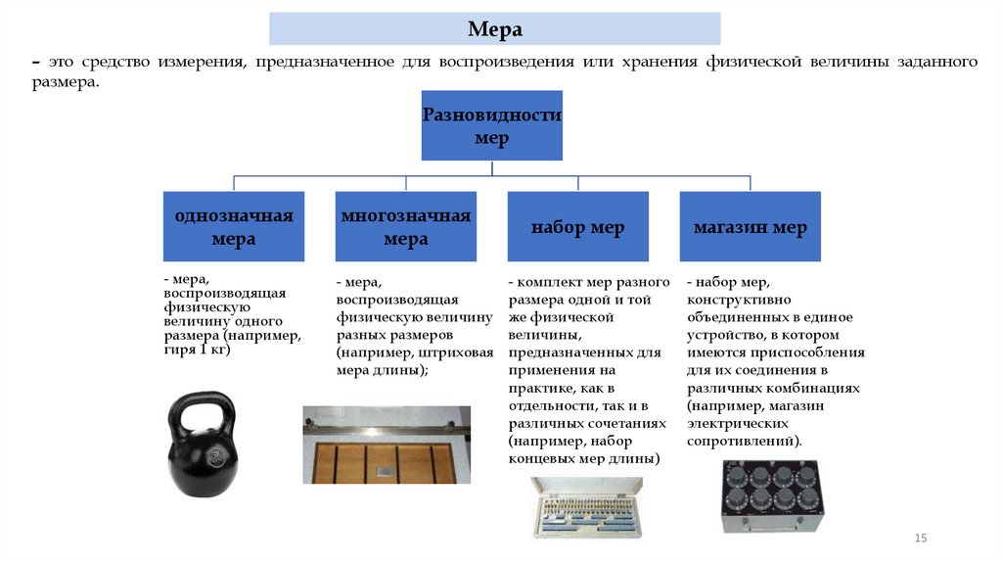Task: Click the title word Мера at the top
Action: [x=494, y=29]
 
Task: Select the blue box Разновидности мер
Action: [x=491, y=125]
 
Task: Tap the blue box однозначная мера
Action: [x=234, y=227]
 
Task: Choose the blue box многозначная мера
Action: [x=406, y=227]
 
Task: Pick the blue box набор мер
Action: [x=577, y=228]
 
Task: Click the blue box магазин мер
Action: [x=750, y=228]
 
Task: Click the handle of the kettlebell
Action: [x=203, y=404]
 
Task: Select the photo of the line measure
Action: [x=387, y=445]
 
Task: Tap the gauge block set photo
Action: [x=586, y=508]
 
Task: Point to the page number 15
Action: [x=920, y=539]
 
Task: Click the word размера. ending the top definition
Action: [x=65, y=84]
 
